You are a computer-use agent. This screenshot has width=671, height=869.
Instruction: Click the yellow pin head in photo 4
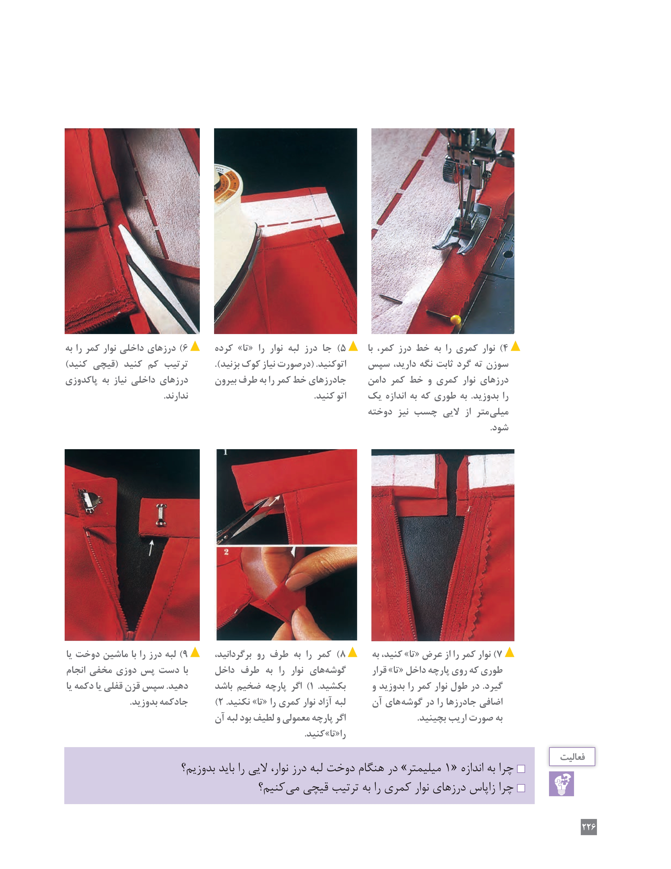pos(456,319)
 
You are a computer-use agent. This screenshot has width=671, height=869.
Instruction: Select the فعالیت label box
pos(572,756)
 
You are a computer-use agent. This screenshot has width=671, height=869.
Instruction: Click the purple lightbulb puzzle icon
pos(561,783)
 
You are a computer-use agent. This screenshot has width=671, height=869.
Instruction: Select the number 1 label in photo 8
pos(225,452)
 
